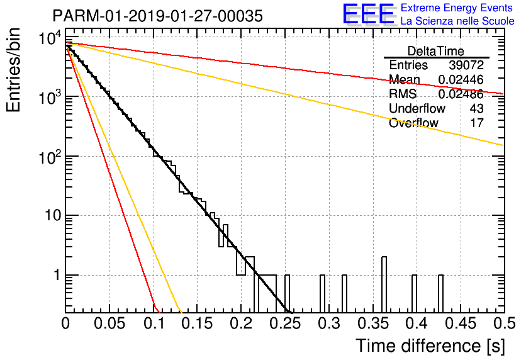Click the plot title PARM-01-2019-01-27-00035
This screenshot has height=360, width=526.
pos(158,16)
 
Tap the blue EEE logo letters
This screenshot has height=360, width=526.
pos(368,14)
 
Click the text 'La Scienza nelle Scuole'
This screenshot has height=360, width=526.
pos(457,21)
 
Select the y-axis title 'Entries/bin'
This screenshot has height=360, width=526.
pos(13,70)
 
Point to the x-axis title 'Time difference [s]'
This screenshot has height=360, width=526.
pos(430,346)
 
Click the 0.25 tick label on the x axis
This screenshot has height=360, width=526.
pos(285,323)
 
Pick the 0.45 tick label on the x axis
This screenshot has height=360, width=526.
pos(461,323)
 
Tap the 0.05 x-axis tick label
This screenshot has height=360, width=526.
pos(109,323)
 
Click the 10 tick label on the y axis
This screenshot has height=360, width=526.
pos(53,215)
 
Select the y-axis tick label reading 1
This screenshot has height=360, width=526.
pos(57,275)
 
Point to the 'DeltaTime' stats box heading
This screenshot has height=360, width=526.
pos(436,51)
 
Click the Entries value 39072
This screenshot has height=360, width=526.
pos(466,65)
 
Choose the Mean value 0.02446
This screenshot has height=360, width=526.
pos(461,80)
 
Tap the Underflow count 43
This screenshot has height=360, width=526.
pos(477,108)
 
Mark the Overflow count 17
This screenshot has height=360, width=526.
pos(477,123)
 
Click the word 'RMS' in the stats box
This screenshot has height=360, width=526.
pos(403,94)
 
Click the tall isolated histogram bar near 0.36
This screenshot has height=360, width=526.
pos(384,284)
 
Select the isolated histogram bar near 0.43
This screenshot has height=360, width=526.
pos(441,293)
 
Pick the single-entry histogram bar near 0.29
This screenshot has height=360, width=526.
pos(322,293)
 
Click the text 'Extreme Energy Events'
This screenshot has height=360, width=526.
pos(457,8)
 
